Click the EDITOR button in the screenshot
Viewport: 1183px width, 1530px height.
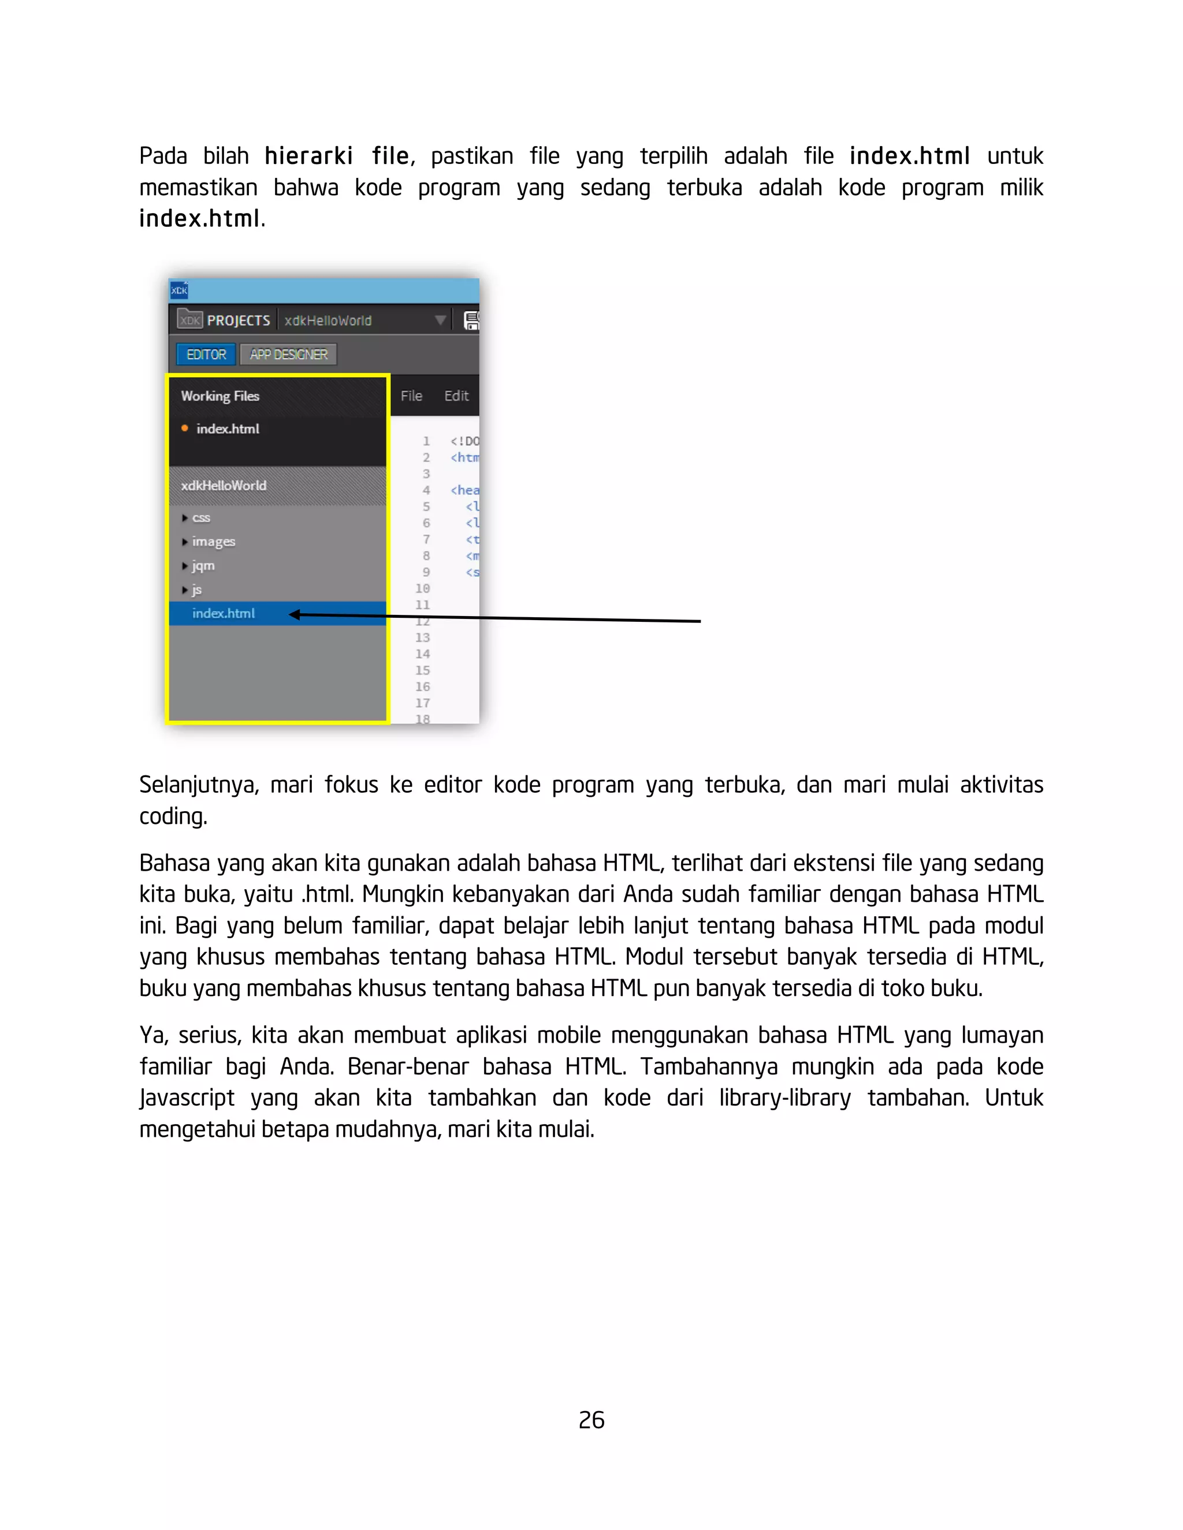click(x=206, y=354)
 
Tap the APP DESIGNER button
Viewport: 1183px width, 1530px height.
click(x=288, y=354)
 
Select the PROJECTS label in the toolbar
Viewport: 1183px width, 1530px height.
click(x=239, y=321)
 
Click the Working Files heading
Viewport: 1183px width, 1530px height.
click(x=220, y=396)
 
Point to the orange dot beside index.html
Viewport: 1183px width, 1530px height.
click(x=184, y=428)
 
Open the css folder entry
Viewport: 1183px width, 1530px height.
click(x=200, y=518)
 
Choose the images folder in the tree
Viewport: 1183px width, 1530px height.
click(x=213, y=542)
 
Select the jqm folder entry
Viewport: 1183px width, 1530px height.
click(x=203, y=565)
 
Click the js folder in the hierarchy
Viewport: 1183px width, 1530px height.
click(x=196, y=589)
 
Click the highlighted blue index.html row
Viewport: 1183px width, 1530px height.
click(x=224, y=613)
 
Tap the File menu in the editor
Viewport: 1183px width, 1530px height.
click(x=411, y=396)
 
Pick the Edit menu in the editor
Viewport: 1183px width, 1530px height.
click(x=456, y=396)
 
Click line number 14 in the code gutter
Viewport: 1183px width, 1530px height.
click(x=423, y=654)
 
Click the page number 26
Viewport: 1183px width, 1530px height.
click(x=591, y=1420)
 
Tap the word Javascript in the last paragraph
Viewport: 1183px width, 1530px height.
click(x=187, y=1098)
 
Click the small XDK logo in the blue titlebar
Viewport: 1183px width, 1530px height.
click(x=180, y=290)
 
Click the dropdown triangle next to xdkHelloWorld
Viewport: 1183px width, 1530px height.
click(x=440, y=320)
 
